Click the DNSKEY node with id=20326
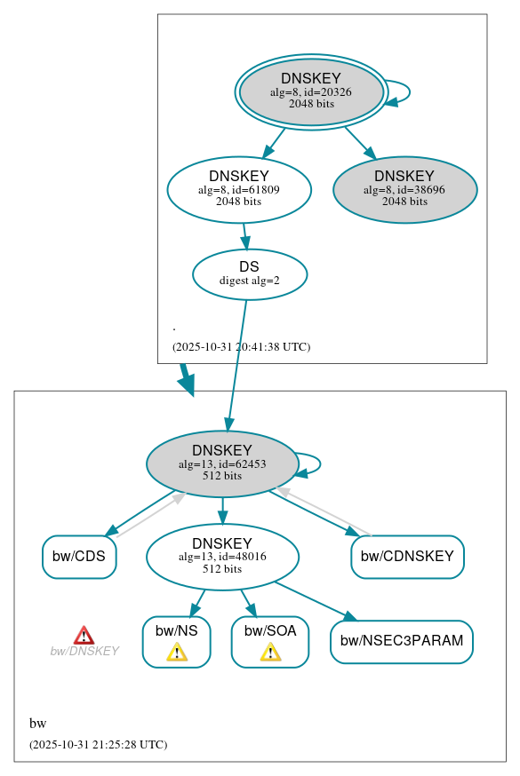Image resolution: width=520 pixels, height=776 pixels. tap(311, 91)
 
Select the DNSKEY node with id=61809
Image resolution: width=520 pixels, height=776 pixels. tap(239, 189)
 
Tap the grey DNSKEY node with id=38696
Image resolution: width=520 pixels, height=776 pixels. tap(404, 189)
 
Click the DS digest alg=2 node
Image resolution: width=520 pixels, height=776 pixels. tap(250, 274)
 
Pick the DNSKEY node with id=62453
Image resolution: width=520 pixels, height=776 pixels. tap(222, 463)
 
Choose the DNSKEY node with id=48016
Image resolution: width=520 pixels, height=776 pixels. tap(222, 557)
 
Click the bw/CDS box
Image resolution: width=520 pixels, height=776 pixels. tap(79, 557)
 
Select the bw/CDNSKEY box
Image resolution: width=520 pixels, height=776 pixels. tap(407, 557)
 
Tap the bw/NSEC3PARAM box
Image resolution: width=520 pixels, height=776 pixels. tap(401, 641)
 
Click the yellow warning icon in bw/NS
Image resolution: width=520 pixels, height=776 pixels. tap(177, 653)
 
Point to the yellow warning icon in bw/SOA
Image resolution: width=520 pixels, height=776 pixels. tap(270, 653)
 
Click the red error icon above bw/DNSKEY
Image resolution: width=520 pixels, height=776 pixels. tap(84, 635)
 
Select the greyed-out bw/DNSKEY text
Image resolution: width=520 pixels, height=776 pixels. tap(84, 651)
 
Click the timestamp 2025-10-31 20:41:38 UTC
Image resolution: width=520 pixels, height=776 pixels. tap(241, 346)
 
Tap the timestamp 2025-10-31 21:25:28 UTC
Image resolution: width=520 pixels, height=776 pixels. tap(98, 744)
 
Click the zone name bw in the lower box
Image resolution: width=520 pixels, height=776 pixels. tap(37, 723)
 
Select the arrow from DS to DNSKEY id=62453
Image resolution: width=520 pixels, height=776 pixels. tap(237, 364)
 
